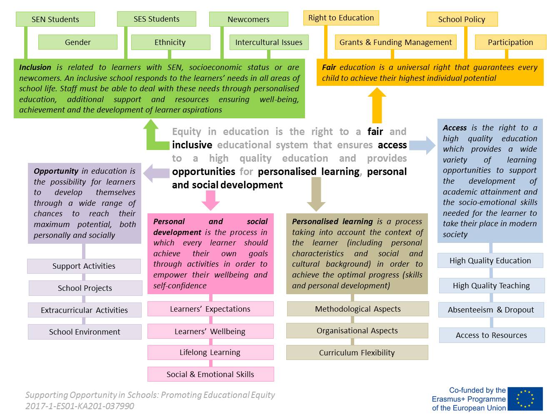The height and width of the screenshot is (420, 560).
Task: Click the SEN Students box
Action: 55,19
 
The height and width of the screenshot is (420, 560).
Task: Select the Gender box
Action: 77,42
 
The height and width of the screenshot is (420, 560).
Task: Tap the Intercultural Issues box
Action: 269,42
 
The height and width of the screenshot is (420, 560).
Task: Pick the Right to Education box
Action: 341,18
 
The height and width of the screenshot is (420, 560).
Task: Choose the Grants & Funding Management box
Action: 395,42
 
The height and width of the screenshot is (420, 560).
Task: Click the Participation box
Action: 510,42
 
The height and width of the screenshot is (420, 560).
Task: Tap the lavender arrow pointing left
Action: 156,173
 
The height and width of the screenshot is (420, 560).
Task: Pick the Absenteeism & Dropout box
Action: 491,310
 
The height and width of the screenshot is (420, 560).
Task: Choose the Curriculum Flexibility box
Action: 357,352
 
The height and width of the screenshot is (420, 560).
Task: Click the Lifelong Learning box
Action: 210,352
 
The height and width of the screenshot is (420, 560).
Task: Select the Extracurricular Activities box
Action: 84,310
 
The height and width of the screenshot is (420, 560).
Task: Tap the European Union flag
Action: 525,399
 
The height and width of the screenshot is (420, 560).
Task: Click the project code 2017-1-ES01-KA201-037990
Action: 80,406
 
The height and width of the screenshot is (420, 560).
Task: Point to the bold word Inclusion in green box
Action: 35,67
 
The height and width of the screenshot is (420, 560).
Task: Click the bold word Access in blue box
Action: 455,128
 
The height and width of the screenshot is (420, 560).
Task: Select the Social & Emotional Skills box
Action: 210,374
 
